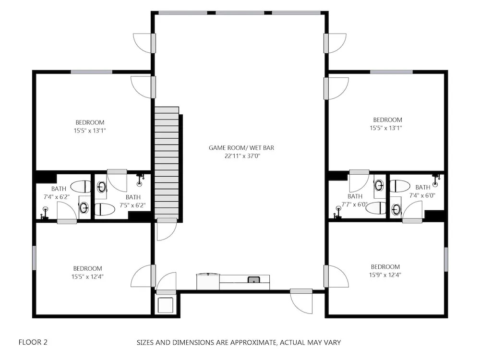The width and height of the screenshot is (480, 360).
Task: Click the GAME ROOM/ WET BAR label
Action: tap(241, 147)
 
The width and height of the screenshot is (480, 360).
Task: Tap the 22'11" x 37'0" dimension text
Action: tap(242, 156)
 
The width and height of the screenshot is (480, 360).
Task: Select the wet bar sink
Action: tap(254, 279)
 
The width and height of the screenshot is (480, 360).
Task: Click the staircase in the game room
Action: tap(167, 163)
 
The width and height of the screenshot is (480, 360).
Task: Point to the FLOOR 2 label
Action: tap(33, 342)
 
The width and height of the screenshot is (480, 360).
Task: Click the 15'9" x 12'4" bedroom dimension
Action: tap(385, 275)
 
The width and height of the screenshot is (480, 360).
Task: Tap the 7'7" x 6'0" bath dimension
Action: tap(355, 204)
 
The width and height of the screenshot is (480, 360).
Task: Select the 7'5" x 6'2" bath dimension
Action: tap(132, 205)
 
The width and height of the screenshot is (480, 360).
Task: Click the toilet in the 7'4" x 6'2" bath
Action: tap(81, 186)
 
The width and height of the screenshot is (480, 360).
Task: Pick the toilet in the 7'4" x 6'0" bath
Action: tap(400, 186)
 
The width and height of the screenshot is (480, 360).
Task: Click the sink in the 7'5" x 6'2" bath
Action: tap(101, 186)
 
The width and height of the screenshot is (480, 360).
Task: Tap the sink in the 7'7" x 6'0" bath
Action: tap(379, 185)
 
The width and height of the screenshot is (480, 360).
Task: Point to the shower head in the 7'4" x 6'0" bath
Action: tap(436, 180)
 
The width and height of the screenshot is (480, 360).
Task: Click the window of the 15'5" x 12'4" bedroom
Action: tap(34, 258)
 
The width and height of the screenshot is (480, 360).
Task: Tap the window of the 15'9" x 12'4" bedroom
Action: tap(446, 259)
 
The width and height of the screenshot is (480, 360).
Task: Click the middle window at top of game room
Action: tap(240, 13)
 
